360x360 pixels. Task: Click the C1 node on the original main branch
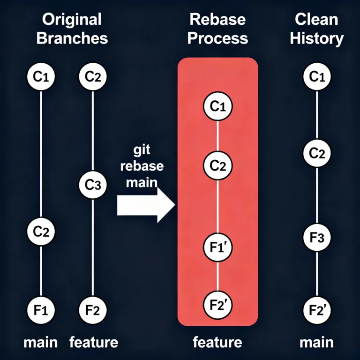tap(41, 77)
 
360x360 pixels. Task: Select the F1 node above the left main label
tap(41, 309)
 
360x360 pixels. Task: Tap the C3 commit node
tap(92, 185)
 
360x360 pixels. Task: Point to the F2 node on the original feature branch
tap(92, 309)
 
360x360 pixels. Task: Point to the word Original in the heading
tap(71, 20)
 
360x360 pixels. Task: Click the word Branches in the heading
tap(72, 38)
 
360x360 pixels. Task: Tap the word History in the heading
tap(316, 38)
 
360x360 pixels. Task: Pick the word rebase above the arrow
tap(142, 166)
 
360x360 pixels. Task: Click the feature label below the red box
tap(217, 342)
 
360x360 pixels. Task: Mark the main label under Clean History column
tap(316, 342)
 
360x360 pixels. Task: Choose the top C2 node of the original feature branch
tap(92, 77)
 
